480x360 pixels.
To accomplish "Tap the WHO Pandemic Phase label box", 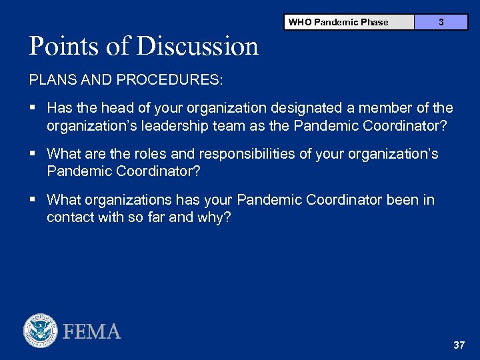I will click(349, 22).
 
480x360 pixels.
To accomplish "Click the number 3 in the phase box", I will click(441, 22).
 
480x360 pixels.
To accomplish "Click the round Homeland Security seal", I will click(41, 331).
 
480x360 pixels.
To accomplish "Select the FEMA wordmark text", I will click(92, 331).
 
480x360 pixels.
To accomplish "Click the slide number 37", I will click(458, 345).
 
